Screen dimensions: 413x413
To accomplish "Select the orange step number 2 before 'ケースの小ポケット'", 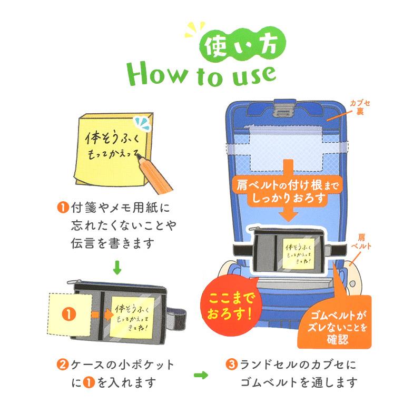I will tap(61, 365).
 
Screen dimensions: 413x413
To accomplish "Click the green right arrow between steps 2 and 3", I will tap(201, 375).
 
